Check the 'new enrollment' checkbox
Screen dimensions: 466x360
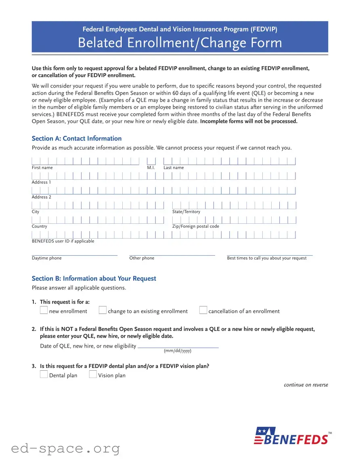(x=44, y=311)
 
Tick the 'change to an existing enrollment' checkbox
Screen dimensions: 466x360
(x=103, y=311)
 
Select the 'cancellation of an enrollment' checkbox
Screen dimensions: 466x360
(x=203, y=311)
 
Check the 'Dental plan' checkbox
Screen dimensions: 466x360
(x=44, y=375)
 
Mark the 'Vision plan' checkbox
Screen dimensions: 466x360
(x=93, y=375)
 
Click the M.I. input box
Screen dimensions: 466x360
(x=151, y=162)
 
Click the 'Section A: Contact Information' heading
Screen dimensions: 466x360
(x=77, y=139)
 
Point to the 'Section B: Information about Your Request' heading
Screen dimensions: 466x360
(x=94, y=279)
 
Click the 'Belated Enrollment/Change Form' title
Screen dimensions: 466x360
(x=180, y=43)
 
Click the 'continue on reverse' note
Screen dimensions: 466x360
(x=306, y=385)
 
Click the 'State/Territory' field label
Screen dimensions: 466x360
(x=186, y=212)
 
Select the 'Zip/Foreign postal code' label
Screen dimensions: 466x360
(x=196, y=227)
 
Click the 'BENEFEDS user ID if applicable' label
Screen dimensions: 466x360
(x=63, y=241)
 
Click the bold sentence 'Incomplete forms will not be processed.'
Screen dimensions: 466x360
(x=249, y=122)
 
